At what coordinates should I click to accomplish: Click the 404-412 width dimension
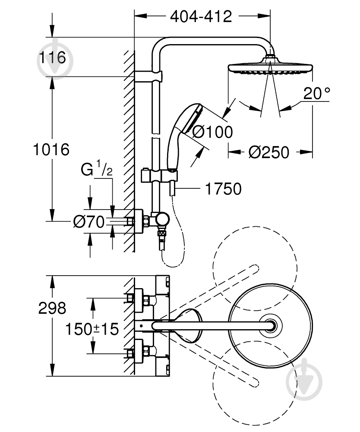(201, 17)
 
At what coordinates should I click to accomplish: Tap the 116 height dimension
(52, 57)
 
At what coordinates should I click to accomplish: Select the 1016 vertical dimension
(51, 149)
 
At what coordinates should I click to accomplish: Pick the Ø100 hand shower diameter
(212, 132)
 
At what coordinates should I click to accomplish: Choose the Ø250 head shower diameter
(269, 152)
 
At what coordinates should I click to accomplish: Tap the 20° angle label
(317, 93)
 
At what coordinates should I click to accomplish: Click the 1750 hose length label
(224, 189)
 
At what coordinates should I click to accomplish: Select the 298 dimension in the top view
(52, 308)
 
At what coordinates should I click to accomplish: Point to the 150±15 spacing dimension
(92, 329)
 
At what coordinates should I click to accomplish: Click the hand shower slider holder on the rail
(159, 176)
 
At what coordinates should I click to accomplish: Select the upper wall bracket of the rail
(148, 76)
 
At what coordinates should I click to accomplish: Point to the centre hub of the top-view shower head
(271, 325)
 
